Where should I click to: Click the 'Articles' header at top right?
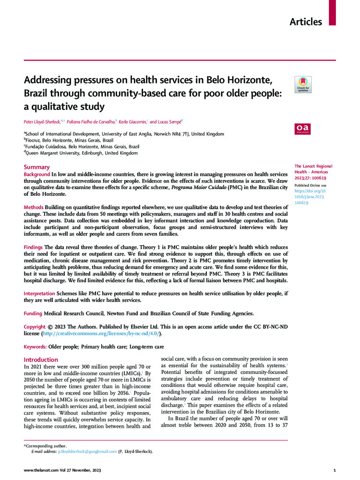pos(306,22)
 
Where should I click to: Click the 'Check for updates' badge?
pos(303,84)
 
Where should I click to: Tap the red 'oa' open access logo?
pos(303,129)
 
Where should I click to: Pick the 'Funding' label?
pos(34,313)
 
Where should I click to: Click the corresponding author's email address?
pos(87,451)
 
